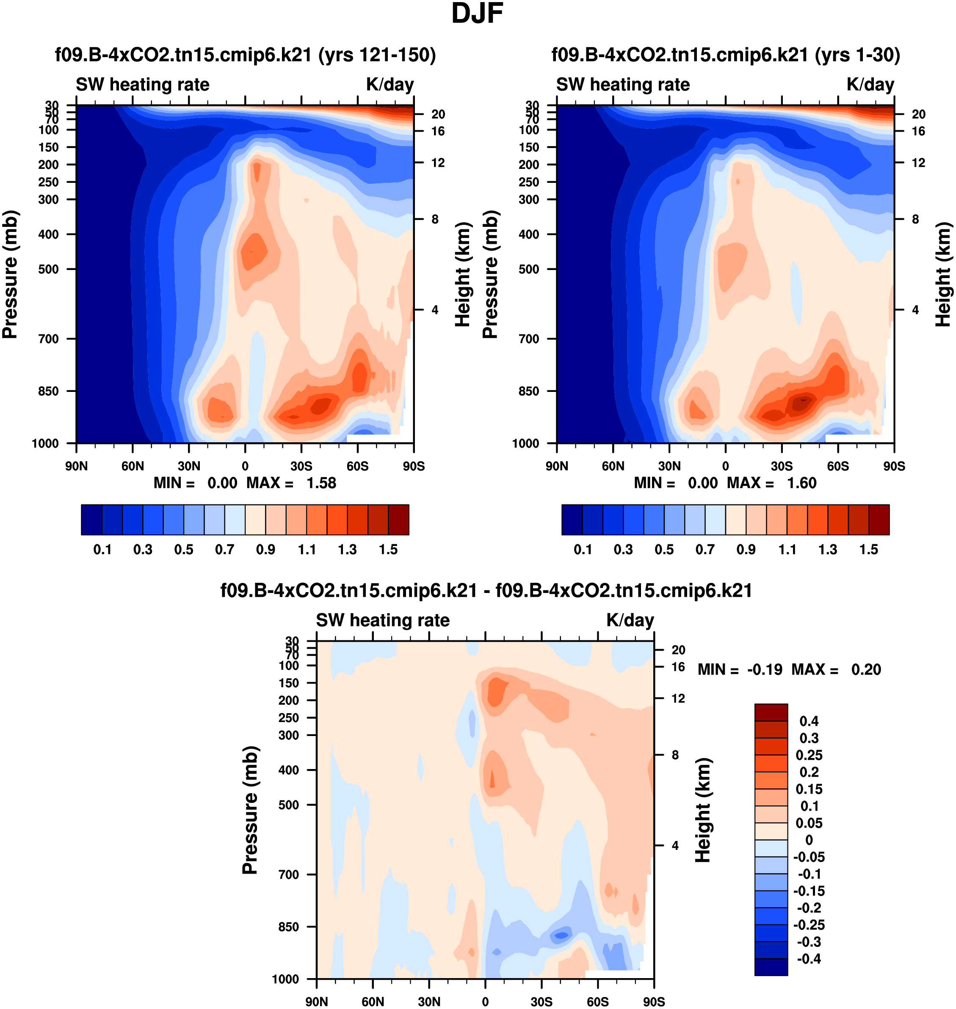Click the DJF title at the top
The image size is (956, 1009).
coord(477,14)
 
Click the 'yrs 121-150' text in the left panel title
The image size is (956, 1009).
coord(377,55)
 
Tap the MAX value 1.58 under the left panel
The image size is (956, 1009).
coord(321,483)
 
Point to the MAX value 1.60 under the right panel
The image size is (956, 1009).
coord(801,483)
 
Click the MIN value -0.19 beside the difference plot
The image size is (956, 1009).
coord(764,669)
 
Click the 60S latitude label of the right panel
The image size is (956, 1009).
coord(838,466)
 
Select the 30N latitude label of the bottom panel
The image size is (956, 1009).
coord(429,1002)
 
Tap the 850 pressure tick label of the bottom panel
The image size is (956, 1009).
coord(288,926)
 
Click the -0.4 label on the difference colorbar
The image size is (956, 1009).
coord(809,959)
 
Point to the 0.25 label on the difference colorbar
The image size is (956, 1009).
coord(809,755)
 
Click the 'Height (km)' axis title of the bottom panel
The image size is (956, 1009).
coord(703,810)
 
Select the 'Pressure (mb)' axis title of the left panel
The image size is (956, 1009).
coord(10,275)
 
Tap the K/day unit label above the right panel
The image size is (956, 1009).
coord(870,85)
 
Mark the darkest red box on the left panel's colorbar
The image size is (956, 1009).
coord(398,520)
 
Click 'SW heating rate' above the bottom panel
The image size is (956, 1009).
coord(383,620)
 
